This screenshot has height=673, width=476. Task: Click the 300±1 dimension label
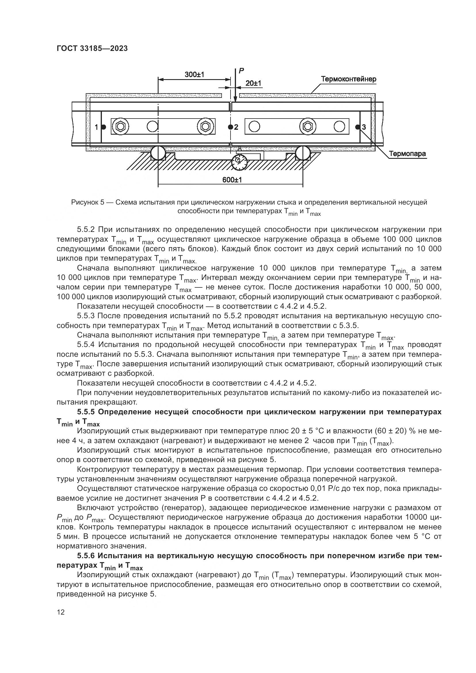194,75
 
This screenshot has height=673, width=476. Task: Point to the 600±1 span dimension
232,180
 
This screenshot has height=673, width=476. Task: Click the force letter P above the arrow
241,70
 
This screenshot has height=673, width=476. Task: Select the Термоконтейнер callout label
349,79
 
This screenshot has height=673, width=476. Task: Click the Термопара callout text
408,154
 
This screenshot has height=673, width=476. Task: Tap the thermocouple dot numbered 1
104,127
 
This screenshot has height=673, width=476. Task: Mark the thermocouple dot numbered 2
231,127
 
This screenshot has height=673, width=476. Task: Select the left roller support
158,153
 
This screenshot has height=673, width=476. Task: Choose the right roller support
303,153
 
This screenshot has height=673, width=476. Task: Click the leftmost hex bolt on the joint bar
121,127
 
